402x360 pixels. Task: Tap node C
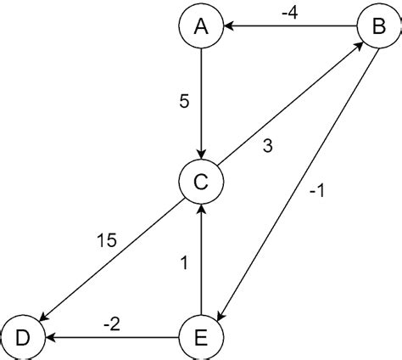pyautogui.click(x=201, y=181)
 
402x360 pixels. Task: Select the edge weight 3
pyautogui.click(x=267, y=146)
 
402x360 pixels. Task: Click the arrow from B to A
pyautogui.click(x=288, y=26)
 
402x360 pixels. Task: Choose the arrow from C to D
pyautogui.click(x=110, y=260)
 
